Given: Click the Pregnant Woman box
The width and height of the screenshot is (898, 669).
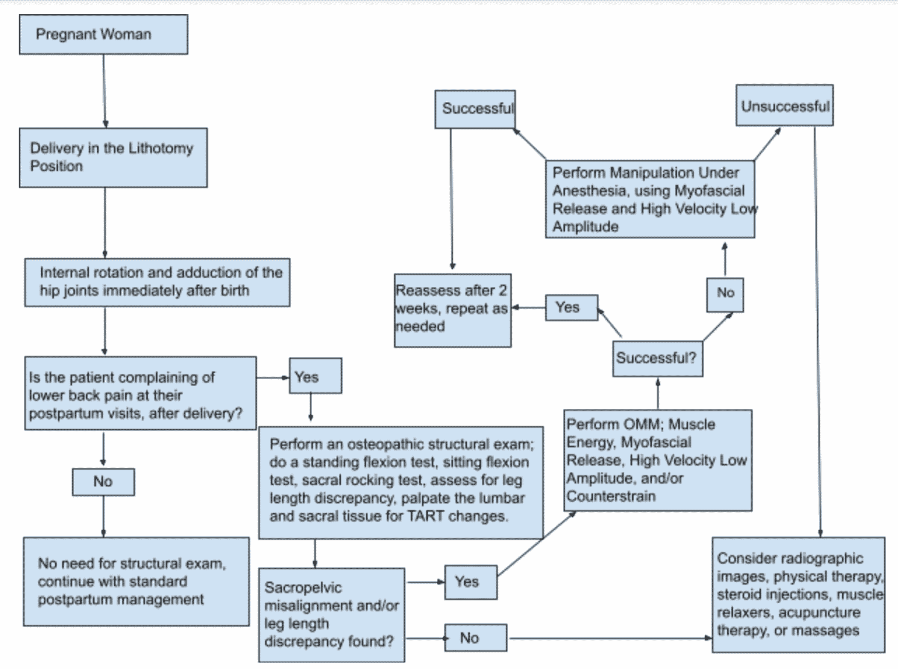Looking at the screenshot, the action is tap(104, 34).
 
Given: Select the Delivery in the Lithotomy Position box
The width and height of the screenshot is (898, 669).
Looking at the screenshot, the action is tap(113, 158).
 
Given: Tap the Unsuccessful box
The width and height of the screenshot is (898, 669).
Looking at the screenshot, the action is tap(784, 105).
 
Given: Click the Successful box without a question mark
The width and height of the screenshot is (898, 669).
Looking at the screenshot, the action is tap(475, 109).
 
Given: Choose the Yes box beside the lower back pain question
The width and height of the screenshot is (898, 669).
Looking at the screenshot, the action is tap(315, 376).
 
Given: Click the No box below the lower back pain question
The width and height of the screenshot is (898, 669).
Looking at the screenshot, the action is tap(104, 482).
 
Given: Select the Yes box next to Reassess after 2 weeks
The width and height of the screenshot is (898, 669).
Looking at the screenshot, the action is tap(571, 308).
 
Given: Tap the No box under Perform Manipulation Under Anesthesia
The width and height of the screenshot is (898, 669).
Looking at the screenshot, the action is tap(725, 295).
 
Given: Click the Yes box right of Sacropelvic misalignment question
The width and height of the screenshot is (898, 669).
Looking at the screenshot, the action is tap(471, 582).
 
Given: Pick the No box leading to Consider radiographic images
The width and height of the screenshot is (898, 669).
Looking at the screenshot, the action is tap(476, 638).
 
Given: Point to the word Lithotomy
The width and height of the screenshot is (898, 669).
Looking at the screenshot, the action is tap(160, 149).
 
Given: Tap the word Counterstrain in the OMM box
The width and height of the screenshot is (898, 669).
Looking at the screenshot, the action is tap(611, 496).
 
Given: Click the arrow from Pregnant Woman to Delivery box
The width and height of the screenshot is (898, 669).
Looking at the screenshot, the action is tap(104, 91).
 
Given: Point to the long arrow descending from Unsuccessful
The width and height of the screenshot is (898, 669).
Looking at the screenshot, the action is tap(817, 332).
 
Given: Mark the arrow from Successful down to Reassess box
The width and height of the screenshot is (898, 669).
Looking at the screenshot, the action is tap(451, 199).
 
